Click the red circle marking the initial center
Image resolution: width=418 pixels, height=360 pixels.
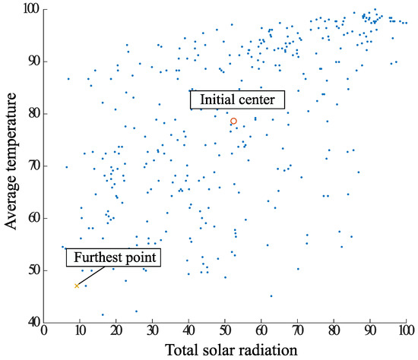pos(233,121)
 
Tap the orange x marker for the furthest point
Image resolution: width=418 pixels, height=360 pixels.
pos(77,286)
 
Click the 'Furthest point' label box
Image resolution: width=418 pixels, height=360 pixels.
pos(114,257)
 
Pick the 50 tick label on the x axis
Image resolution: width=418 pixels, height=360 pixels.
pos(225,331)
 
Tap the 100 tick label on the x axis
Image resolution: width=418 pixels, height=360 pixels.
pos(406,331)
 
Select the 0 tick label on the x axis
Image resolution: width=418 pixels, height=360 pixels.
pos(44,331)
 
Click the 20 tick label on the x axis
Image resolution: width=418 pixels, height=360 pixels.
pos(116,331)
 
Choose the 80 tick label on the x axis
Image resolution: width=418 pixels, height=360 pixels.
pos(334,331)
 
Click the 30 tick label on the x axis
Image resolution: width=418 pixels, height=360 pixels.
pos(153,331)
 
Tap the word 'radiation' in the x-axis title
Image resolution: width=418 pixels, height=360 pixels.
pos(267,349)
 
